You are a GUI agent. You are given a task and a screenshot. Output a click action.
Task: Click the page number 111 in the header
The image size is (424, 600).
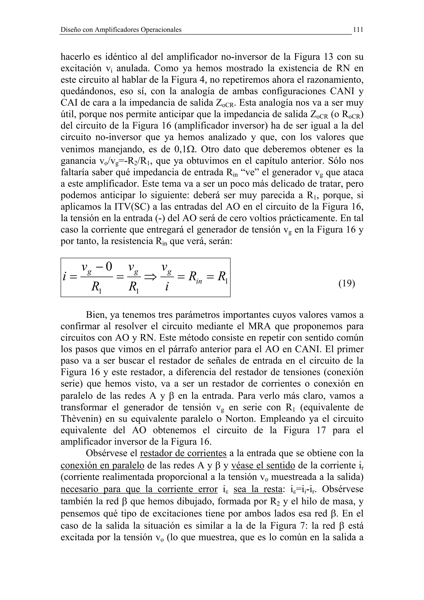coord(358,30)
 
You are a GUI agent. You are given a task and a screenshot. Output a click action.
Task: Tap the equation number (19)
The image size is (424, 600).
coord(347,283)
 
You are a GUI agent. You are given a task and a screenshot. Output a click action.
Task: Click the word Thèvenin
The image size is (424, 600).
coord(81,419)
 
